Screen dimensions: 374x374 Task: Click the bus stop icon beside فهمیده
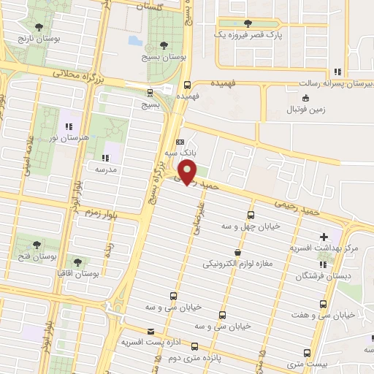[x=188, y=84]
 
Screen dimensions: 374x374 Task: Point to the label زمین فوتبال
[x=305, y=109]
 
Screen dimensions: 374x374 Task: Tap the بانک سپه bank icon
[x=180, y=142]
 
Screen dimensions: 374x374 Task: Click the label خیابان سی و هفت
[x=328, y=315]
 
